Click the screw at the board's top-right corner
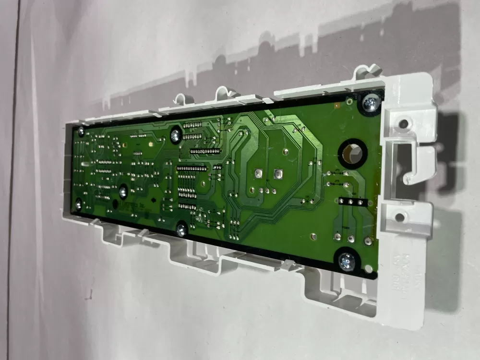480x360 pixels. point(371,102)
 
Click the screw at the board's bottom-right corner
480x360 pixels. point(347,262)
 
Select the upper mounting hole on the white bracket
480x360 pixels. point(404,124)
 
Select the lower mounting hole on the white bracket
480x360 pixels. point(400,217)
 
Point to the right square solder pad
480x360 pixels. point(277,174)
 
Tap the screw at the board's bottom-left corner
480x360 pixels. point(78,205)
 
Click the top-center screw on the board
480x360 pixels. point(176,136)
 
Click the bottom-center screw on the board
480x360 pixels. point(181,229)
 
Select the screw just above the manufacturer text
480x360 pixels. point(123,192)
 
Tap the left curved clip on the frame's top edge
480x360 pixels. point(180,98)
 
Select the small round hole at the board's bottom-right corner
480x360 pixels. point(368,268)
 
